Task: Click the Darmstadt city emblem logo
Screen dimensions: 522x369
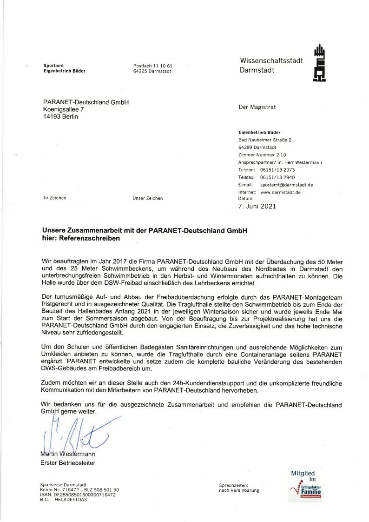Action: point(319,63)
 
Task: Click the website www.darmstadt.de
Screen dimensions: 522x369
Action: point(280,192)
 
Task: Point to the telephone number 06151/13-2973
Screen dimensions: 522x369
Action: point(277,170)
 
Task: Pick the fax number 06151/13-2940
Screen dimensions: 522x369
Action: point(277,177)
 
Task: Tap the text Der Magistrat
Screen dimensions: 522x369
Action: point(257,107)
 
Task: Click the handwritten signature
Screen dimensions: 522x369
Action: point(70,433)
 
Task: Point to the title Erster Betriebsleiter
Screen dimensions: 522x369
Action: point(68,462)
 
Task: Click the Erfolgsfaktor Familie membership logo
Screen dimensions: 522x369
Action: point(304,487)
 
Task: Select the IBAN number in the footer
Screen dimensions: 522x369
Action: point(78,495)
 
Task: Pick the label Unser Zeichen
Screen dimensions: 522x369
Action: point(147,198)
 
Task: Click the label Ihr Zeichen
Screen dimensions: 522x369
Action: point(54,198)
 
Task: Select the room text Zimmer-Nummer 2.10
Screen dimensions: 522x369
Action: point(262,155)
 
